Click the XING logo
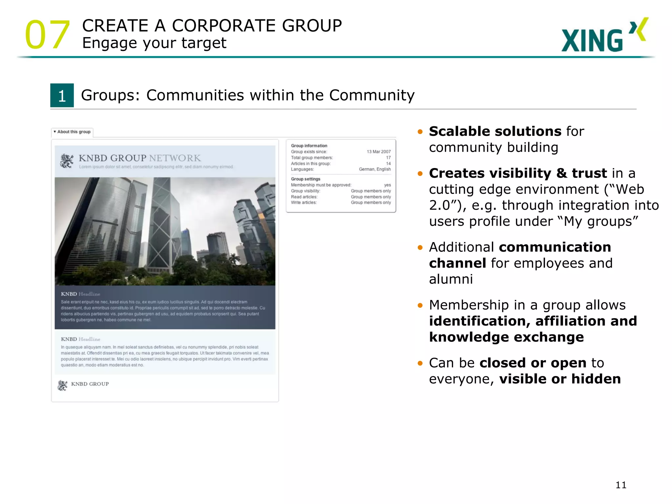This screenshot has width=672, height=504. pyautogui.click(x=604, y=35)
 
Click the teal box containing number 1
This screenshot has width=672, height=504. pyautogui.click(x=62, y=95)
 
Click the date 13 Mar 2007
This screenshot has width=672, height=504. pyautogui.click(x=378, y=152)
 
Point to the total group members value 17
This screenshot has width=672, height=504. pyautogui.click(x=388, y=157)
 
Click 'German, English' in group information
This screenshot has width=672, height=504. pyautogui.click(x=374, y=169)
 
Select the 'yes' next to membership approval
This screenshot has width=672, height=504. pyautogui.click(x=387, y=185)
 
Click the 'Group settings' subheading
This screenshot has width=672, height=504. pyautogui.click(x=305, y=179)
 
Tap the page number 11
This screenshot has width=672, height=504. pyautogui.click(x=621, y=485)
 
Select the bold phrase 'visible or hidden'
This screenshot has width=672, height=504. pyautogui.click(x=560, y=379)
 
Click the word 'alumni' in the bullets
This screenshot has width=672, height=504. pyautogui.click(x=451, y=279)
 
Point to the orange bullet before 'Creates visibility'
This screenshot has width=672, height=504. pyautogui.click(x=420, y=174)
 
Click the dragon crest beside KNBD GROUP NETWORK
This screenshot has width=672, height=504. pyautogui.click(x=67, y=161)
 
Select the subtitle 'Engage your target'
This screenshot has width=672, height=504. pyautogui.click(x=154, y=43)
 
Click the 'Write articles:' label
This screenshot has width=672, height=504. pyautogui.click(x=304, y=203)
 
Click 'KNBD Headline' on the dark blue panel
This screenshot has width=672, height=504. pyautogui.click(x=80, y=294)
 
